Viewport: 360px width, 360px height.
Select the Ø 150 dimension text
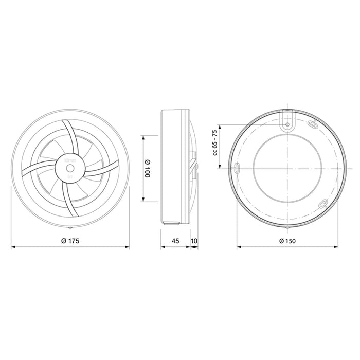click(287, 240)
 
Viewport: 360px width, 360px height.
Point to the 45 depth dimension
click(175, 240)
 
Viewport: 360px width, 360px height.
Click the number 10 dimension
click(194, 240)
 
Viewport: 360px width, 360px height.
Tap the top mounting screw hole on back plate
click(287, 123)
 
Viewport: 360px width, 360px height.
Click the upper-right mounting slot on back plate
click(312, 124)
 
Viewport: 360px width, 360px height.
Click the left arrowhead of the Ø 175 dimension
click(14, 247)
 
